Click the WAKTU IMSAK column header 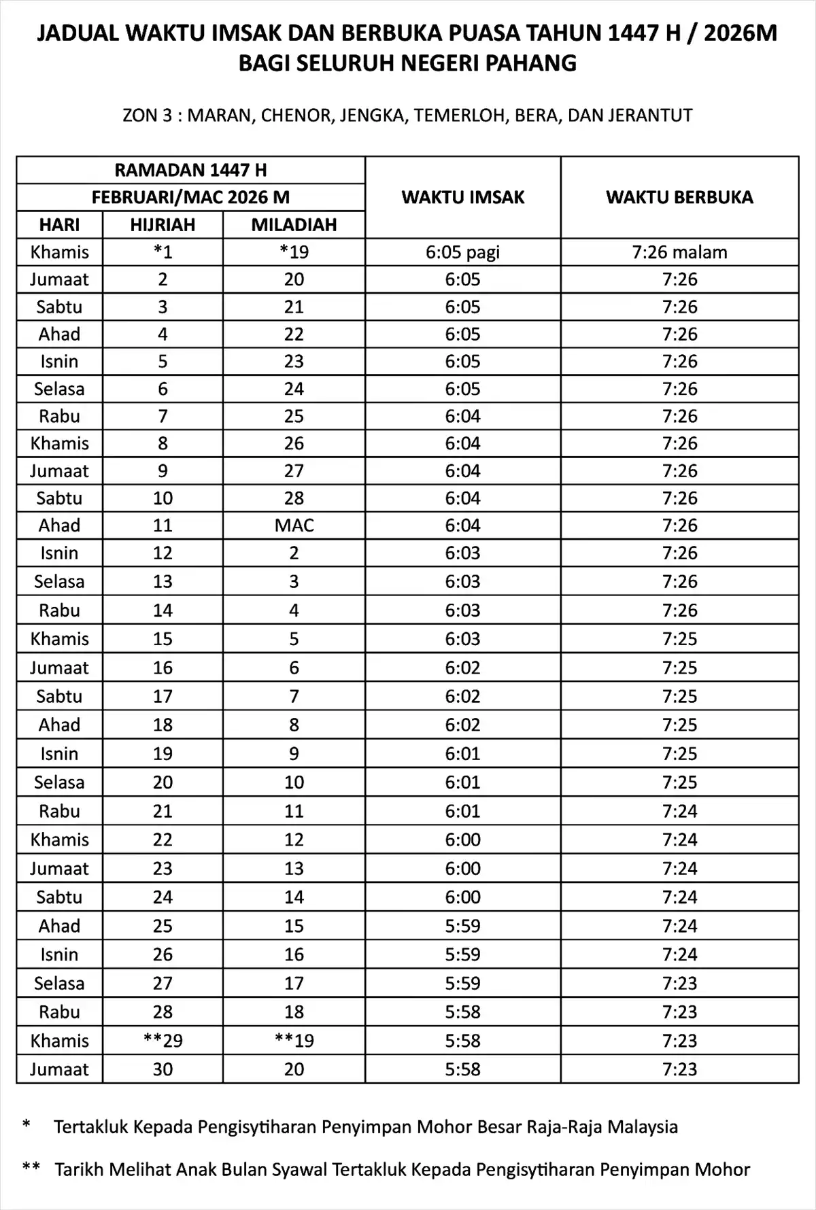pyautogui.click(x=462, y=197)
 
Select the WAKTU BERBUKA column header pyautogui.click(x=679, y=197)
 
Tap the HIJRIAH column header pyautogui.click(x=163, y=225)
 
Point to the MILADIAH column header pyautogui.click(x=294, y=225)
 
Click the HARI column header pyautogui.click(x=59, y=225)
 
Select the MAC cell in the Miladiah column pyautogui.click(x=294, y=525)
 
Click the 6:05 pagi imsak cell pyautogui.click(x=462, y=252)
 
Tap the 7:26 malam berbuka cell pyautogui.click(x=679, y=252)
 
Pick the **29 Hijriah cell pyautogui.click(x=163, y=1041)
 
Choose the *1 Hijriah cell pyautogui.click(x=163, y=252)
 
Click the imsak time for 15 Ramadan pyautogui.click(x=462, y=639)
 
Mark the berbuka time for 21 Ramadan pyautogui.click(x=679, y=811)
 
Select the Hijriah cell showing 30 pyautogui.click(x=163, y=1069)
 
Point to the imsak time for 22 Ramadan pyautogui.click(x=462, y=840)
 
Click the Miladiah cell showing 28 pyautogui.click(x=294, y=498)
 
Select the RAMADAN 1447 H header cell pyautogui.click(x=190, y=170)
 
